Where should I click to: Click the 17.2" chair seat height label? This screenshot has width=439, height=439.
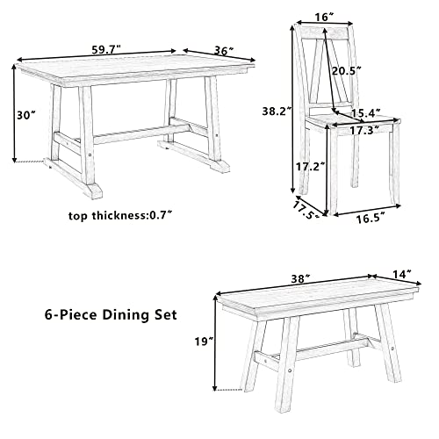[306, 166]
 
